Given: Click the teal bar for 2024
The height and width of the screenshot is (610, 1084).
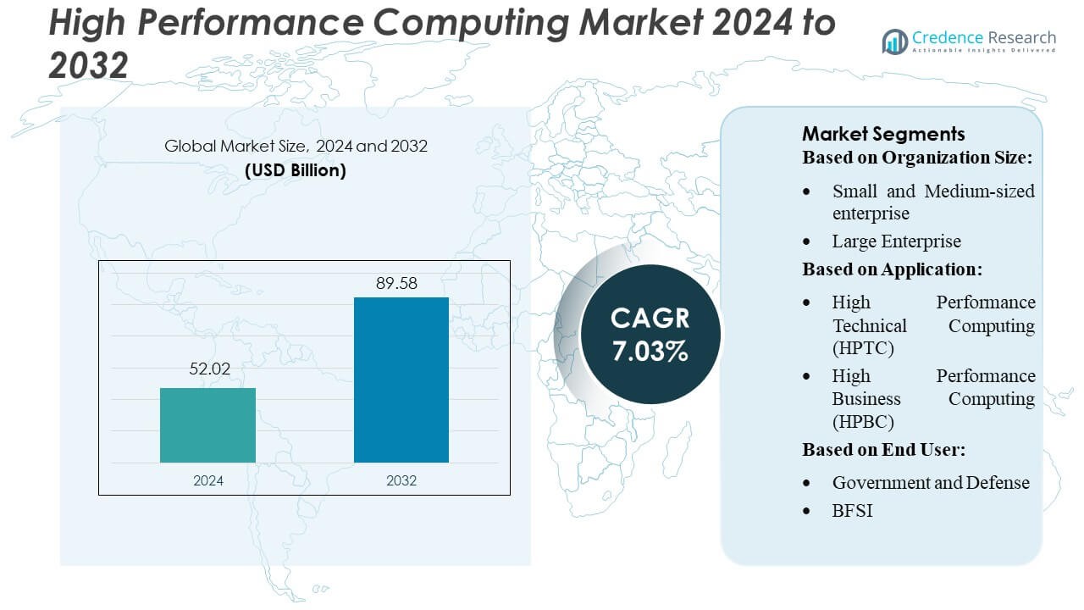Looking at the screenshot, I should [207, 425].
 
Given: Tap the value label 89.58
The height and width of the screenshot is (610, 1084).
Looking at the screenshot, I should [396, 283].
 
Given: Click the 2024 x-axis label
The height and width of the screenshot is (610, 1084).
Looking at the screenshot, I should [207, 480].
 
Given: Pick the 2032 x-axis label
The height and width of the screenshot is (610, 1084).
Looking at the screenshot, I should [401, 480].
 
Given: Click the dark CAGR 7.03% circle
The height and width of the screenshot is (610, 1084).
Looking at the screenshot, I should [650, 334].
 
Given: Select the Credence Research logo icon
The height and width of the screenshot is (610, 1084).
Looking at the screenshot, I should [894, 41].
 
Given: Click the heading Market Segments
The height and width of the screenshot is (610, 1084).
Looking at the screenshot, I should [883, 134].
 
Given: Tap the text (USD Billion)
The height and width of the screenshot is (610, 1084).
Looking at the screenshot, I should [296, 169].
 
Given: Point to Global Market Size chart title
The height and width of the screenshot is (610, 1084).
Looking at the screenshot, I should [296, 146].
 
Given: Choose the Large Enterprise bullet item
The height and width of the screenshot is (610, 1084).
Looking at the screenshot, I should [896, 241].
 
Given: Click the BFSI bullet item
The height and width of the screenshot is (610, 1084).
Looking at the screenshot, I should [852, 510].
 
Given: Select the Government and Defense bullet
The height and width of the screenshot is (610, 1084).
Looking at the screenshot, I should [931, 483].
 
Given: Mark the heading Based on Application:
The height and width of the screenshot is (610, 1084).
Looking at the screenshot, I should [892, 269].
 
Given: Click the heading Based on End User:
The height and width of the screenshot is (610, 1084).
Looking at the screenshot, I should [883, 450].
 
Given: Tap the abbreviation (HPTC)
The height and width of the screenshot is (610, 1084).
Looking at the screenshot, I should [863, 348].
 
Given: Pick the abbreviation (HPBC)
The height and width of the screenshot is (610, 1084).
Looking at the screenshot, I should [863, 422].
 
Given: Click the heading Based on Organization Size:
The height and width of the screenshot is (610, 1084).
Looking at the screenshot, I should [918, 158].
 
